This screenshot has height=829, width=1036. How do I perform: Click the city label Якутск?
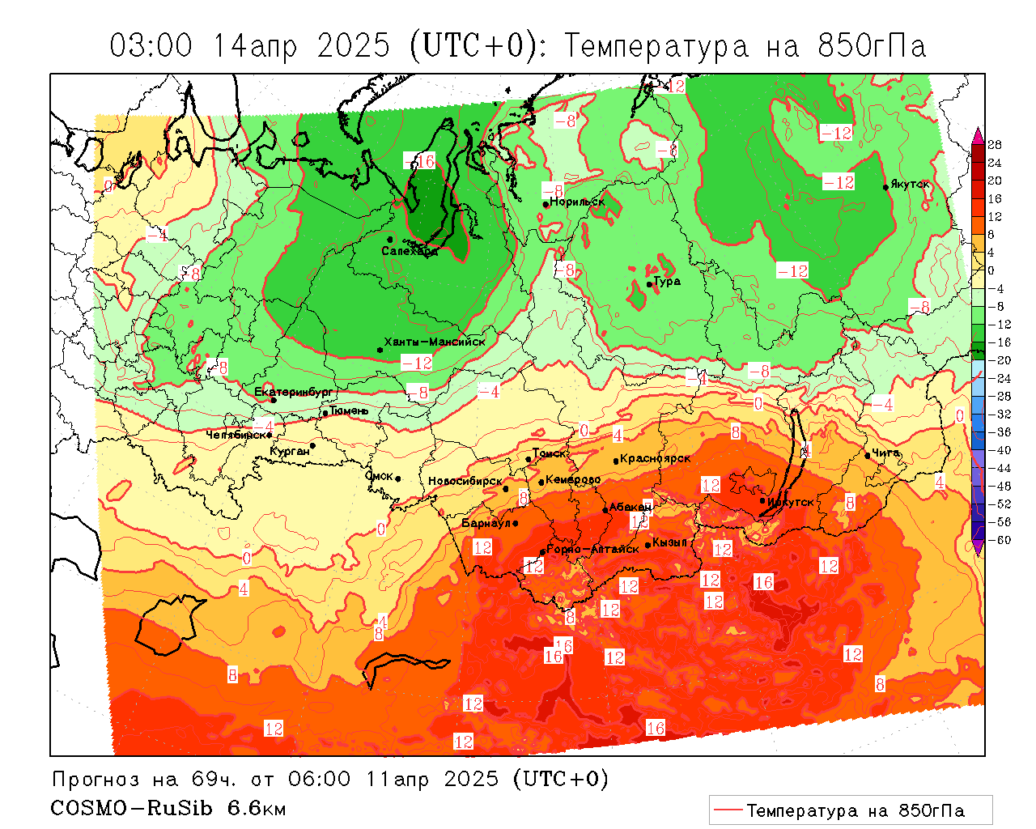point(911,185)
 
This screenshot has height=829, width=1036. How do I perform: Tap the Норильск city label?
point(577,202)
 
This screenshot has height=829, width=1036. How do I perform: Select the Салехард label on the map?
point(410,251)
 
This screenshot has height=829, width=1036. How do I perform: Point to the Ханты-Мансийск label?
point(435,342)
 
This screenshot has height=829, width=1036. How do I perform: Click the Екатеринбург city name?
point(294,392)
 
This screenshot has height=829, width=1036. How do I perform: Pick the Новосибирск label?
point(465,481)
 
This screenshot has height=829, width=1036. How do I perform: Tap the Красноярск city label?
point(656,458)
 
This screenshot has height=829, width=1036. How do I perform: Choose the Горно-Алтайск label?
point(593,549)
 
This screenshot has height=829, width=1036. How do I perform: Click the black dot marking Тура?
point(649,284)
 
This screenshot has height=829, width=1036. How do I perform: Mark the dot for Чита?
point(867,455)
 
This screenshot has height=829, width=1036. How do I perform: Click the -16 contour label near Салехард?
point(419,160)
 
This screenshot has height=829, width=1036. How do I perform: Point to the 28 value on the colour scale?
point(995,145)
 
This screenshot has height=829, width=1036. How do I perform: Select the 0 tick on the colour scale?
point(991,270)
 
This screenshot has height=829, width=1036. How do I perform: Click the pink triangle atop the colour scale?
point(978,134)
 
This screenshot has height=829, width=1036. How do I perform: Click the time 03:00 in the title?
point(151,46)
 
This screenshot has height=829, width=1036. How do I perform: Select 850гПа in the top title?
point(872,46)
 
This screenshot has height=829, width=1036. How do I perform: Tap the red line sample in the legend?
point(728,810)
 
